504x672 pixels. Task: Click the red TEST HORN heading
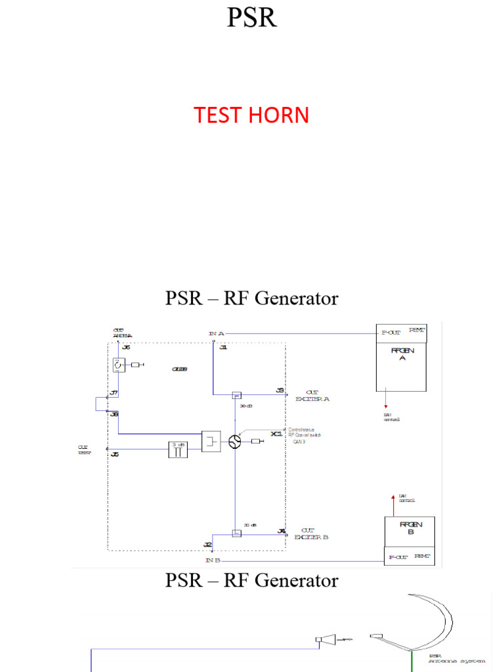pyautogui.click(x=251, y=115)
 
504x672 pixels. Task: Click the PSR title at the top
pyautogui.click(x=251, y=18)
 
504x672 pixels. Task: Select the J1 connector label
pyautogui.click(x=223, y=348)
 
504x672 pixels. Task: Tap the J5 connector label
pyautogui.click(x=114, y=453)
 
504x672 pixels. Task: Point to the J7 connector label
pyautogui.click(x=114, y=392)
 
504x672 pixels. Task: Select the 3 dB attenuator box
pyautogui.click(x=178, y=448)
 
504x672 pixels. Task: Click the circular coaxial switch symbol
pyautogui.click(x=234, y=442)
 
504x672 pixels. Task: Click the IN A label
pyautogui.click(x=217, y=333)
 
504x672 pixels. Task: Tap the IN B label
pyautogui.click(x=213, y=560)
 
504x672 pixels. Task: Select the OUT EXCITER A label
pyautogui.click(x=312, y=395)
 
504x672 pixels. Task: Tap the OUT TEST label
pyautogui.click(x=83, y=450)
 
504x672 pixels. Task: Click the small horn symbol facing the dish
pyautogui.click(x=325, y=639)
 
